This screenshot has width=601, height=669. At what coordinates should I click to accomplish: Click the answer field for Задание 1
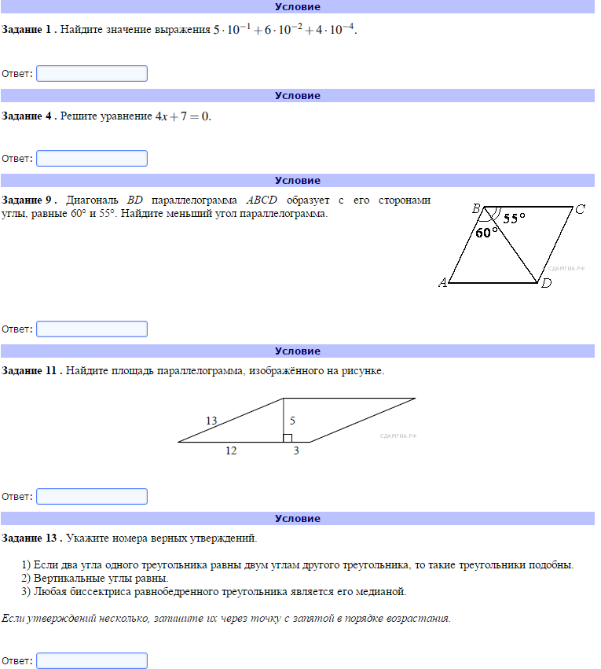[x=92, y=74]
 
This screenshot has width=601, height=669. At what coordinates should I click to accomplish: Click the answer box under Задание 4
[x=92, y=159]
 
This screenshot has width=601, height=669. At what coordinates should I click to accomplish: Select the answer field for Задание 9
[x=92, y=329]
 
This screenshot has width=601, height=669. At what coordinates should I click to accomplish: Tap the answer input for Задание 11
[x=92, y=497]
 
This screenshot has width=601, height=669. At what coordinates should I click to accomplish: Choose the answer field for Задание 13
[x=92, y=661]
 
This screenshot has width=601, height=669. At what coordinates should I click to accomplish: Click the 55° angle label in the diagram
[x=515, y=219]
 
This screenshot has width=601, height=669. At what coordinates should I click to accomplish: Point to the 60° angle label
[x=487, y=233]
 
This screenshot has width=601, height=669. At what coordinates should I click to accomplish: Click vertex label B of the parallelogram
[x=476, y=208]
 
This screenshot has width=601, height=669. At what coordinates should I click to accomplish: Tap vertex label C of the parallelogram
[x=580, y=209]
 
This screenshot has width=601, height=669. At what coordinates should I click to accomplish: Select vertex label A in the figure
[x=442, y=283]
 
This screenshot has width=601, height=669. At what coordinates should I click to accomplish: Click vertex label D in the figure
[x=546, y=284]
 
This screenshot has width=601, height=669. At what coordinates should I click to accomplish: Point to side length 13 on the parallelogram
[x=211, y=421]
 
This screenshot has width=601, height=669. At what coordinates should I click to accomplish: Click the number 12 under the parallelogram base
[x=231, y=451]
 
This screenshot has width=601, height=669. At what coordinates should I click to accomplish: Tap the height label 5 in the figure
[x=292, y=421]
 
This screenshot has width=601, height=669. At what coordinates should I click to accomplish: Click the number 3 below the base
[x=296, y=451]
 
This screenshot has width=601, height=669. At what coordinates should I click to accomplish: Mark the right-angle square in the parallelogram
[x=288, y=438]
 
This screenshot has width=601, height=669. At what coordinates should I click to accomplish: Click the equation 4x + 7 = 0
[x=183, y=116]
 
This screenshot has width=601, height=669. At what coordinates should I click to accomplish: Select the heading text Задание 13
[x=31, y=539]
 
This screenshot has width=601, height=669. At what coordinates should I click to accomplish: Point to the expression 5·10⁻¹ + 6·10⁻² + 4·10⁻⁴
[x=285, y=31]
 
